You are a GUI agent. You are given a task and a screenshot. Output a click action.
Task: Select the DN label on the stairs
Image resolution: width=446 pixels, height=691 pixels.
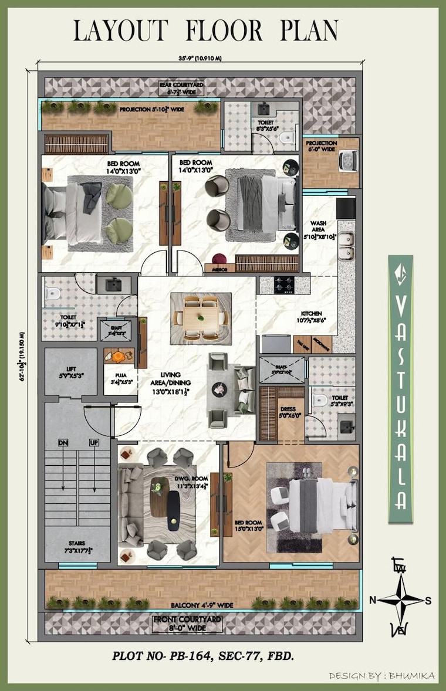coord(63,442)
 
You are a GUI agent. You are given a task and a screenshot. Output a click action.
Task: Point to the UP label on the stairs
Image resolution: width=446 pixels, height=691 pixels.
coord(94,442)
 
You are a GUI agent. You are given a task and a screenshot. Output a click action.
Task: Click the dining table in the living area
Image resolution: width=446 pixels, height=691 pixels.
coord(201,318)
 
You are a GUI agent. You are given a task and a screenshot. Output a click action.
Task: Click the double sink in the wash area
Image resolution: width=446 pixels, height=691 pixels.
coord(346,246)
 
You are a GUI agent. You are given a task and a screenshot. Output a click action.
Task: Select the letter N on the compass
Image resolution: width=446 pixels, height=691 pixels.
coord(372,599)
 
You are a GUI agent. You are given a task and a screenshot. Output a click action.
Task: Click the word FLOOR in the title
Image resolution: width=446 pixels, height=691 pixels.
coord(222,31)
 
